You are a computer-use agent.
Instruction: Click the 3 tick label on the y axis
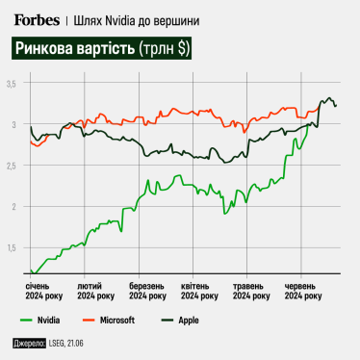[14, 125]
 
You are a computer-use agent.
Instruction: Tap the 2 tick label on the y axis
[14, 206]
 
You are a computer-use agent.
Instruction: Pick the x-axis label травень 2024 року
[251, 292]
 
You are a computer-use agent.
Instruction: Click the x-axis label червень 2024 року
[303, 292]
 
